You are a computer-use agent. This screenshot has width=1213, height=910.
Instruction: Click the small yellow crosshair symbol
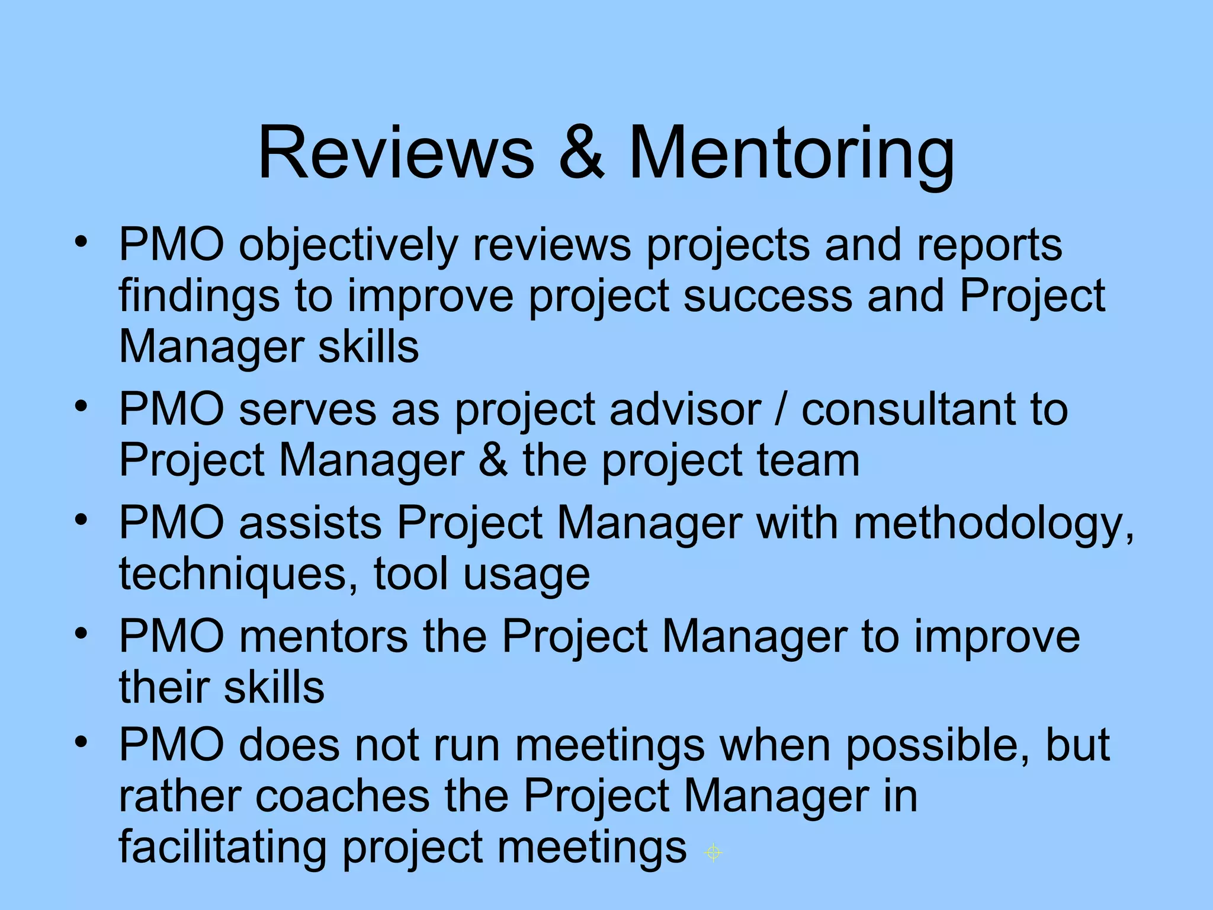click(714, 853)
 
